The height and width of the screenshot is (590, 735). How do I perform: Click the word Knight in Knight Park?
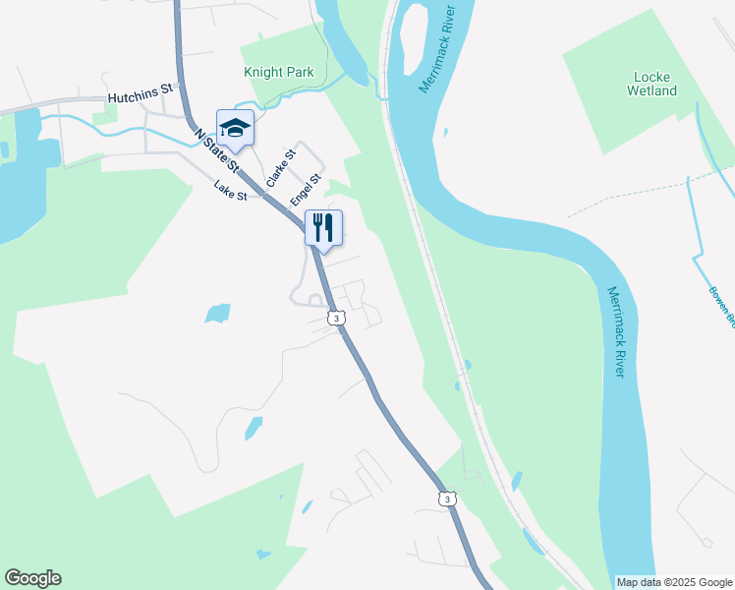pyautogui.click(x=262, y=73)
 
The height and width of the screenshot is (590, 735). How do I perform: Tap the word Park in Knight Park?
pyautogui.click(x=299, y=73)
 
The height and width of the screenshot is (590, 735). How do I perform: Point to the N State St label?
pyautogui.click(x=216, y=148)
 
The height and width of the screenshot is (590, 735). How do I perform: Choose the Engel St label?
pyautogui.click(x=306, y=190)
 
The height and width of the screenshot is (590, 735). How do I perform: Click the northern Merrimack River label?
pyautogui.click(x=439, y=49)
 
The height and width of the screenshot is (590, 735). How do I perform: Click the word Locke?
pyautogui.click(x=651, y=76)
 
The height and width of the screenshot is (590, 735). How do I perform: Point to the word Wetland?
pyautogui.click(x=651, y=90)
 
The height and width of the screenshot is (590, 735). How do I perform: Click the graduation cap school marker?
pyautogui.click(x=236, y=128)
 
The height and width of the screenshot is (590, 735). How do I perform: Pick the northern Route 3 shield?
pyautogui.click(x=336, y=318)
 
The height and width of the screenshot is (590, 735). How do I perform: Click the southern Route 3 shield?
pyautogui.click(x=447, y=500)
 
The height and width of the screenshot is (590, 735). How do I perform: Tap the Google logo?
pyautogui.click(x=32, y=578)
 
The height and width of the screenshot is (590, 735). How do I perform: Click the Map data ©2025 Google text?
pyautogui.click(x=673, y=582)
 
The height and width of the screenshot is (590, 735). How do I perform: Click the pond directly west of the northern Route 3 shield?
pyautogui.click(x=217, y=314)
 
